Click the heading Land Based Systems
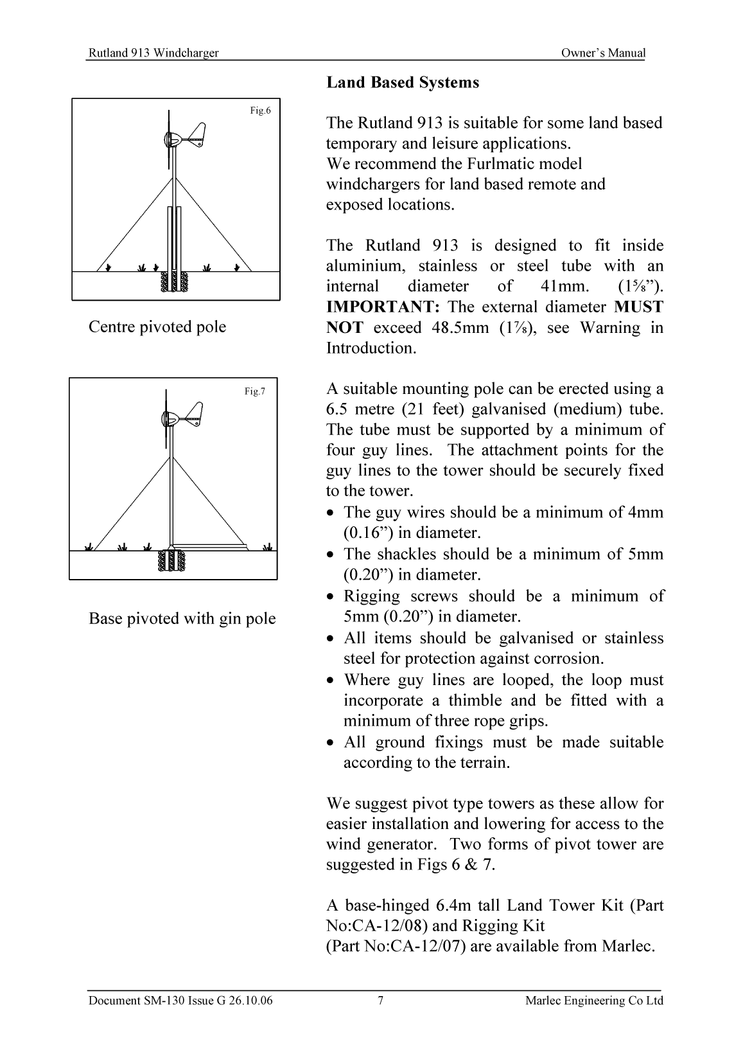[x=403, y=83]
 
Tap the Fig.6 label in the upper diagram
[x=260, y=111]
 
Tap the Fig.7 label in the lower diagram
[x=254, y=391]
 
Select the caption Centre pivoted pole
[x=157, y=327]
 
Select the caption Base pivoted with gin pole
[x=182, y=619]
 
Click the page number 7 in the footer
[x=380, y=1001]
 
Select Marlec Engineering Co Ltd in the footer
[x=593, y=1001]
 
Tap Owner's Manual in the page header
[x=602, y=53]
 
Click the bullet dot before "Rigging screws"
[x=330, y=597]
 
